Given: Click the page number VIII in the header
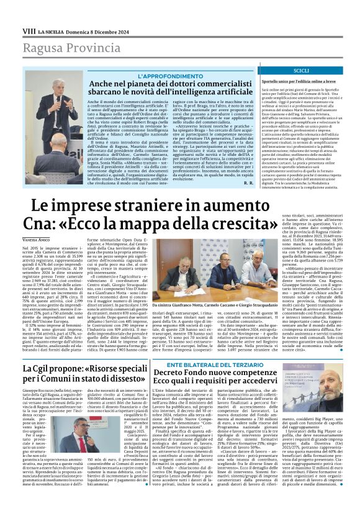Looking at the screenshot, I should click(29, 30).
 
